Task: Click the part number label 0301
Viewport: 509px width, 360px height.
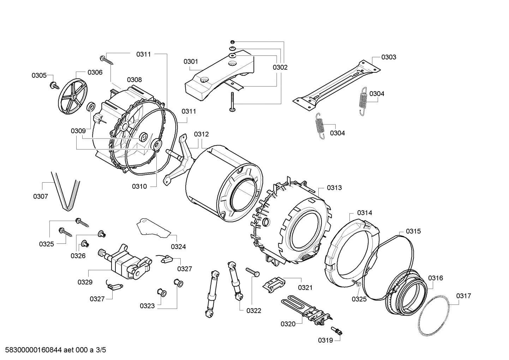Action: point(191,61)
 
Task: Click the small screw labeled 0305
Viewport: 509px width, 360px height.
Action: point(55,85)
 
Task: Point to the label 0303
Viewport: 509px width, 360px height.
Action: point(389,57)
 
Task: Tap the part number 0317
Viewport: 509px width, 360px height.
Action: point(463,296)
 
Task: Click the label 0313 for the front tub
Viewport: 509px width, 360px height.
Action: point(334,188)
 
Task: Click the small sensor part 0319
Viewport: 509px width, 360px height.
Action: point(337,331)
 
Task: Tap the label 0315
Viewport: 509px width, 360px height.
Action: point(413,231)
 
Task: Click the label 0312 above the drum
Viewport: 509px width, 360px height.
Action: point(201,134)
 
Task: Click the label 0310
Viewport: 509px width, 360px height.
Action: point(139,187)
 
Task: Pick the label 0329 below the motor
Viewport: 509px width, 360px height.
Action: point(85,282)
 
